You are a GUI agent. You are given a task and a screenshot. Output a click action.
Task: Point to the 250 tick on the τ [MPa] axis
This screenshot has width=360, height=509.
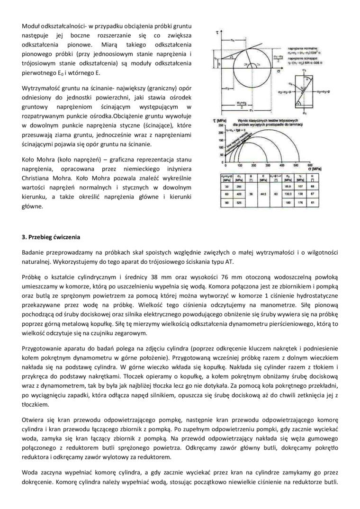[x=220, y=125]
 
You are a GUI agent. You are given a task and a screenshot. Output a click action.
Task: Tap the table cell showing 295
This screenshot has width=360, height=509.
[x=240, y=186]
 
